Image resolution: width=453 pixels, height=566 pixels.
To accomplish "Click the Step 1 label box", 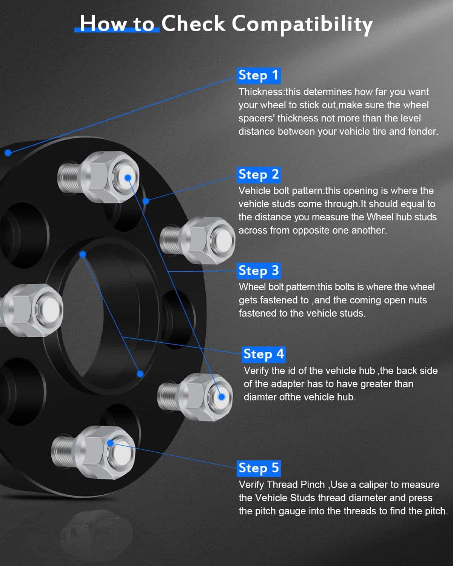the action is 259,76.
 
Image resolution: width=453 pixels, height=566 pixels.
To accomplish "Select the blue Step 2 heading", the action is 259,175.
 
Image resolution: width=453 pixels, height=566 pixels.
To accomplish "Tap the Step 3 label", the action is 259,271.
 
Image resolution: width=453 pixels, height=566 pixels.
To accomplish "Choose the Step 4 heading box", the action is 263,355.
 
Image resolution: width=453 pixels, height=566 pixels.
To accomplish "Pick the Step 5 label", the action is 259,468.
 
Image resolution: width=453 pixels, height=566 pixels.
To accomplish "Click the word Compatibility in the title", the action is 302,24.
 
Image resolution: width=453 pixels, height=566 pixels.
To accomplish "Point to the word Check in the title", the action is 193,24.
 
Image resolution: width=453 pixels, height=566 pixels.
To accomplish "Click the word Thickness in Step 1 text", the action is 260,92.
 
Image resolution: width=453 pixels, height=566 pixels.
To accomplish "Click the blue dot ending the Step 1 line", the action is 8,152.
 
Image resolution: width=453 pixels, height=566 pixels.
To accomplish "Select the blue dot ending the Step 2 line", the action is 146,201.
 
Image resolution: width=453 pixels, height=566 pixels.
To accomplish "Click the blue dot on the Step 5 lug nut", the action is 110,443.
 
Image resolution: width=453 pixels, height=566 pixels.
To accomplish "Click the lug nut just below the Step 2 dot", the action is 197,241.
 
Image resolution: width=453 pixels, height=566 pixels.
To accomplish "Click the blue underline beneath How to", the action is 117,30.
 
